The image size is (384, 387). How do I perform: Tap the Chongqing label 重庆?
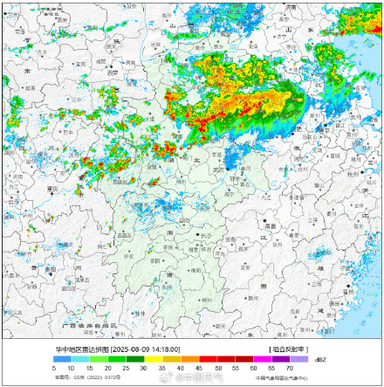point(51,188)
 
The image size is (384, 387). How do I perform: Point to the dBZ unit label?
point(320,358)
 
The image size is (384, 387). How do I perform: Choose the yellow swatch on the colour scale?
point(150,358)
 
